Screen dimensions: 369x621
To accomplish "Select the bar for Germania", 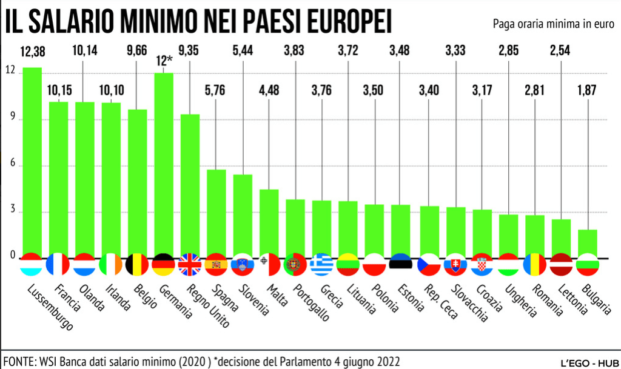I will click(x=163, y=164).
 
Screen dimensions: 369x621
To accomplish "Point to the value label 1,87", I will click(x=587, y=91).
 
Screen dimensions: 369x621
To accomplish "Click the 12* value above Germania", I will click(x=163, y=61).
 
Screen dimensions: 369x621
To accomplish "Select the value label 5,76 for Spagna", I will click(x=216, y=91).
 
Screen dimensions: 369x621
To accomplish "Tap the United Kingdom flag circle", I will click(x=190, y=264).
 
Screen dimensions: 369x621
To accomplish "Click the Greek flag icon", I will click(x=321, y=264).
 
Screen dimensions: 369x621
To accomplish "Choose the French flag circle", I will click(x=58, y=264).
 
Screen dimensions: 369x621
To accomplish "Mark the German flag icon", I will click(x=163, y=264).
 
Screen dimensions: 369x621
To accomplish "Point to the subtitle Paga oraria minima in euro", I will click(x=552, y=23).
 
